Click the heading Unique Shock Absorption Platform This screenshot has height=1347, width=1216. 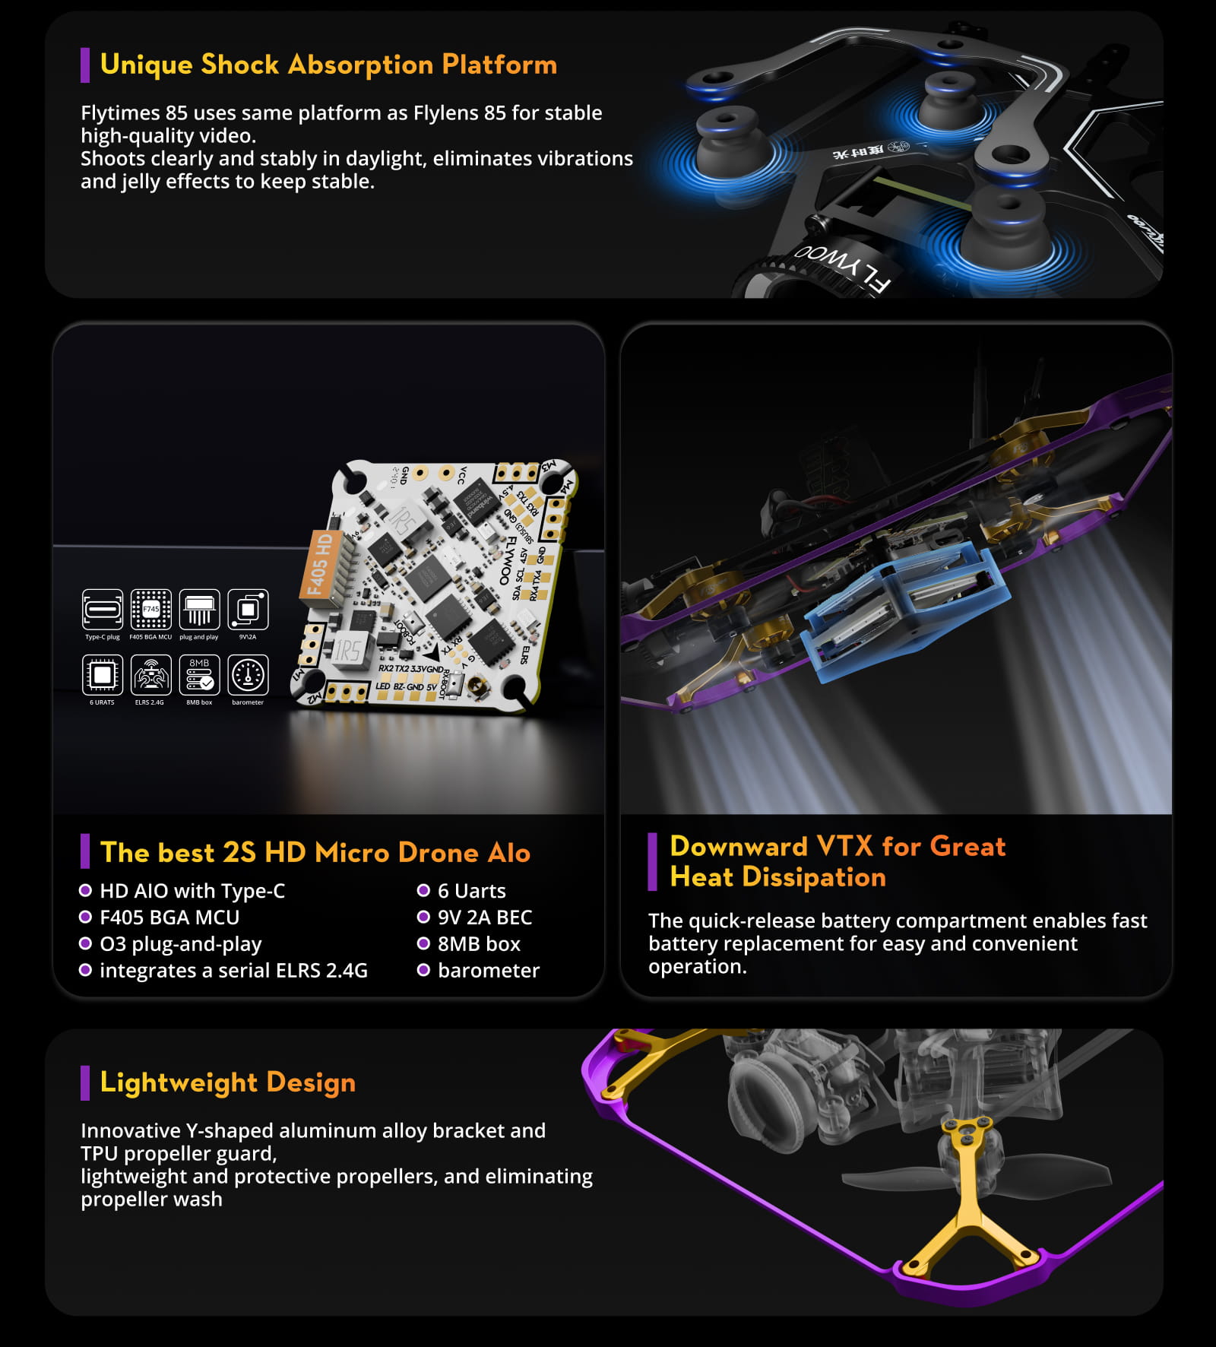click(328, 65)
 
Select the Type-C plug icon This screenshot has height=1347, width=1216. click(102, 609)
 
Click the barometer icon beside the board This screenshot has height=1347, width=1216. click(248, 675)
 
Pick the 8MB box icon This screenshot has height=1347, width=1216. click(199, 675)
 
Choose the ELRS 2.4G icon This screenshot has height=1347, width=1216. click(150, 675)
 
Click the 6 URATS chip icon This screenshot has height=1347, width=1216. click(102, 675)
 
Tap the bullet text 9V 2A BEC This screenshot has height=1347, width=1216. click(484, 918)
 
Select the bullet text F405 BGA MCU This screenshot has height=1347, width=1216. click(169, 918)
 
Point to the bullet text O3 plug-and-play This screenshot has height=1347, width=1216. click(180, 944)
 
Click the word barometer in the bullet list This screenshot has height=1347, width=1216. click(488, 971)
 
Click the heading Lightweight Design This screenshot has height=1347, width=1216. click(227, 1082)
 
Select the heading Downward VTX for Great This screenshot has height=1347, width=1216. click(837, 847)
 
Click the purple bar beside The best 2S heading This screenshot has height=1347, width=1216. click(85, 852)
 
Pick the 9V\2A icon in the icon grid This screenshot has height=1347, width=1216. click(248, 609)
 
